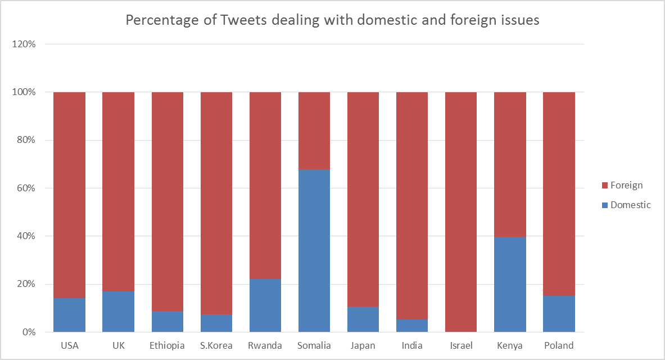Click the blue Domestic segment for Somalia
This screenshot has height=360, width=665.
coord(314,250)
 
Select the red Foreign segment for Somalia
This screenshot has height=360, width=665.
coord(314,130)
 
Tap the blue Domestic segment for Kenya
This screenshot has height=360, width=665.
coord(510,284)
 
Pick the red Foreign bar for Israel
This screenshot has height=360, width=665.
coord(461,211)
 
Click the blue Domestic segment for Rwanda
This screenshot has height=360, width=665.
coord(265,305)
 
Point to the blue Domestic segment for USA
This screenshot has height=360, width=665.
coord(69,314)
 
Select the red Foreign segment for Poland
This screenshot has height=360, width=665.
coord(559,193)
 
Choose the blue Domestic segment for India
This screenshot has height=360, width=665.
coord(412,325)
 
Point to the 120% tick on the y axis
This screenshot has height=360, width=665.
coord(24,44)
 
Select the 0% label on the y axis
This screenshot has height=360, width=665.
coord(29,332)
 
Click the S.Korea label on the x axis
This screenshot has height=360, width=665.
coord(216,345)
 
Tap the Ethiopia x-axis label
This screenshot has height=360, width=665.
coord(167,345)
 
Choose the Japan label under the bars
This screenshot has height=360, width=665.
coord(363,345)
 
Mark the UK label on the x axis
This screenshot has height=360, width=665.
coord(118,345)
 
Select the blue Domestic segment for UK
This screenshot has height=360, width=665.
coord(118,311)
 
